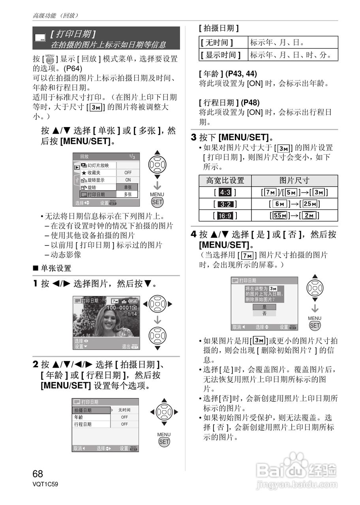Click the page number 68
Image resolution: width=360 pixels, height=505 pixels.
click(x=38, y=473)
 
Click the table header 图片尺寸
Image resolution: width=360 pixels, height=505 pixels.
click(x=294, y=181)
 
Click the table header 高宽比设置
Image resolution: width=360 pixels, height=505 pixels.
click(x=225, y=181)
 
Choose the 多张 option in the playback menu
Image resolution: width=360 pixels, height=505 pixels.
click(x=127, y=195)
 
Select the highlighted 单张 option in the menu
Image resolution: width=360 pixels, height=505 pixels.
click(x=127, y=187)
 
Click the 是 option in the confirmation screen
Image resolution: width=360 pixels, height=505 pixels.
click(x=264, y=307)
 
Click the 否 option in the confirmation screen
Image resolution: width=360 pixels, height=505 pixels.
click(x=264, y=313)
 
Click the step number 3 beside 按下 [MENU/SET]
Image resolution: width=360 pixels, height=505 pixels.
click(x=194, y=138)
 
